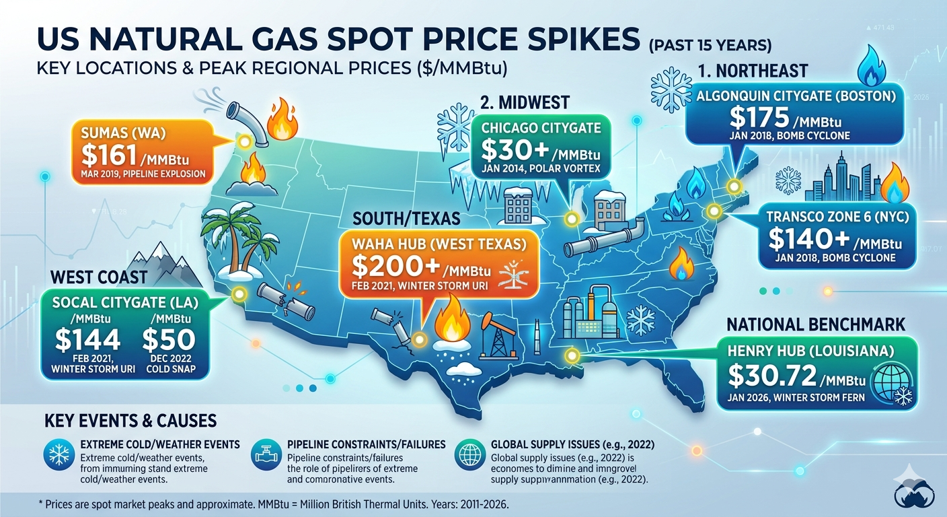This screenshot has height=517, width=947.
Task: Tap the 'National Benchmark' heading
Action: tap(816, 324)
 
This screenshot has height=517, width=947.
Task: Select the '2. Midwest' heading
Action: tap(525, 102)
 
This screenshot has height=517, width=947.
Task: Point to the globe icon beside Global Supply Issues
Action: tap(468, 455)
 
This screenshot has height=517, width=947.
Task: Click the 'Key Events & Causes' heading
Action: tap(130, 421)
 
